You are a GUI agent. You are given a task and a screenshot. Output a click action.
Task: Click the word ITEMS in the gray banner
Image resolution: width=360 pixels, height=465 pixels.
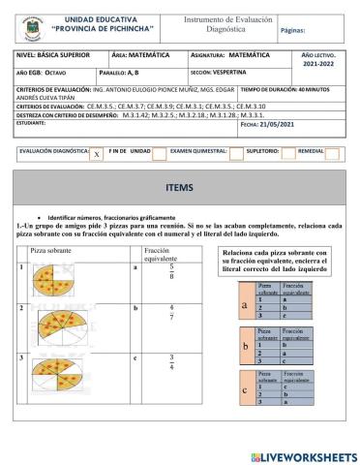point(179,186)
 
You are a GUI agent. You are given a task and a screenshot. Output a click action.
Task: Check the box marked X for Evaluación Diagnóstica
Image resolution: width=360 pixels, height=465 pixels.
point(96,154)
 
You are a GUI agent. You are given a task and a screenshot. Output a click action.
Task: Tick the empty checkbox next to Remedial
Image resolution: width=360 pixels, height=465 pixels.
point(332,153)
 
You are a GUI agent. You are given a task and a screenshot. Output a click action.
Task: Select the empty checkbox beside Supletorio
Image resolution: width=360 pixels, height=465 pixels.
point(280,153)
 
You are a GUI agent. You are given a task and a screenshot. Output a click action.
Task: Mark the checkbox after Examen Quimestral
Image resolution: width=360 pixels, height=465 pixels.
point(236,153)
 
